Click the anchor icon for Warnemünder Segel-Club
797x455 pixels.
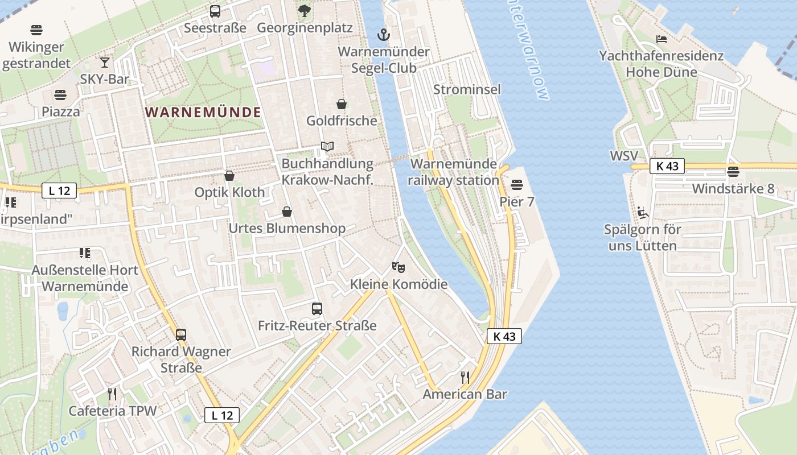click(x=384, y=35)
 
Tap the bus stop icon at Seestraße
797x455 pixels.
click(x=215, y=11)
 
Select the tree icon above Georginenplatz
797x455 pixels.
click(x=305, y=10)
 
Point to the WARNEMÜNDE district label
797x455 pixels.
click(x=203, y=112)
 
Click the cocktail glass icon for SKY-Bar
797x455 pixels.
click(x=105, y=62)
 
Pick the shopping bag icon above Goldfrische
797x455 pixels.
click(x=342, y=104)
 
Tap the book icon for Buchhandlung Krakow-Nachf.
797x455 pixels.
click(x=327, y=147)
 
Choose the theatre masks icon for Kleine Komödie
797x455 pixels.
click(x=398, y=267)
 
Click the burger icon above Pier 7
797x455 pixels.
click(x=517, y=184)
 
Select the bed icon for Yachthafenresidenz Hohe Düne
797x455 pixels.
click(x=662, y=39)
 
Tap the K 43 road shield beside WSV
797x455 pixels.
click(x=667, y=166)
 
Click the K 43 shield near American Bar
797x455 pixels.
click(x=504, y=336)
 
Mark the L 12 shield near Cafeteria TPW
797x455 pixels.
click(x=222, y=415)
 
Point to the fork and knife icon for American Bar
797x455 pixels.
click(x=465, y=377)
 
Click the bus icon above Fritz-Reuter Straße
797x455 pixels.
click(x=317, y=309)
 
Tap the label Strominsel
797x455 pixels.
click(x=467, y=89)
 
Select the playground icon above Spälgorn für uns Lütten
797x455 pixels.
click(x=643, y=213)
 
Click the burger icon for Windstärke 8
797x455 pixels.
click(x=733, y=171)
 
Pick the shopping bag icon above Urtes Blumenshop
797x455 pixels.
click(x=287, y=212)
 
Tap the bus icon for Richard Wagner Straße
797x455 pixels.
click(x=181, y=334)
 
